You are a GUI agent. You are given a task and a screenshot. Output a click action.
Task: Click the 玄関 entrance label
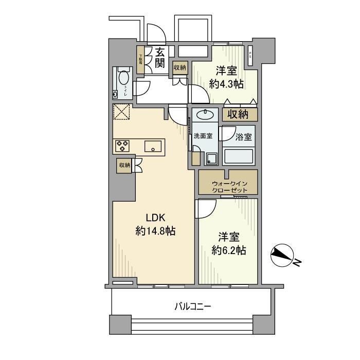tap(159, 58)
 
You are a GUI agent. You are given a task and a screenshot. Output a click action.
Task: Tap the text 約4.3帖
tap(226, 84)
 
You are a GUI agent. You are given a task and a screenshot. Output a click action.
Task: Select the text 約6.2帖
tap(228, 250)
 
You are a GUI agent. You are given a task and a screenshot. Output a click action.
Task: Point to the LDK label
tap(155, 217)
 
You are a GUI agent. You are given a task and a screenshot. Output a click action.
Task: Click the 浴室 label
tap(244, 137)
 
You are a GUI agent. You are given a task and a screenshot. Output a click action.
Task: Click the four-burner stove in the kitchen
tap(122, 146)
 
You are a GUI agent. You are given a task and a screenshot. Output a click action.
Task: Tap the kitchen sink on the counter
tap(153, 147)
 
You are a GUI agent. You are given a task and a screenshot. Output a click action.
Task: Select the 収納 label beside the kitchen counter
tap(124, 165)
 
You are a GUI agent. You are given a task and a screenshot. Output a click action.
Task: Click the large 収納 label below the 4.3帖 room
tap(240, 114)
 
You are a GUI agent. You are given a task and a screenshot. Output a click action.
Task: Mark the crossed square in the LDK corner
tap(122, 112)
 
